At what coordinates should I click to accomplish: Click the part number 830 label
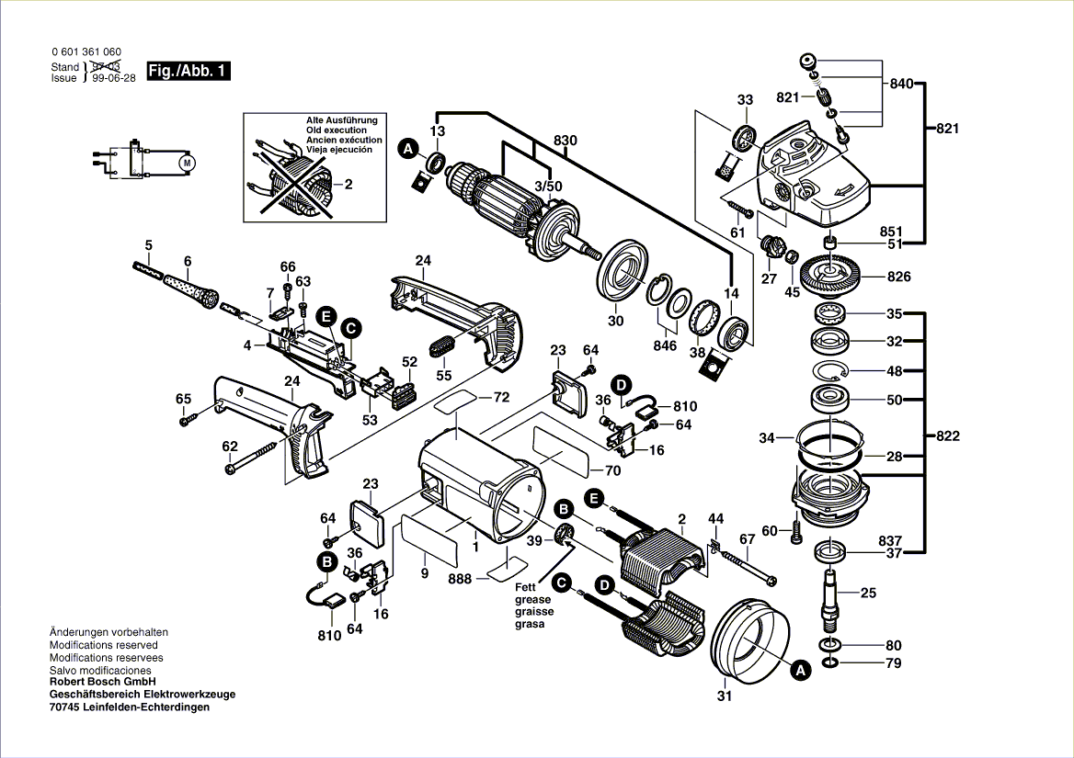[x=566, y=141]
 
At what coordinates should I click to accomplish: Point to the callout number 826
[x=898, y=277]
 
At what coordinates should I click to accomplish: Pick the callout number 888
[x=461, y=579]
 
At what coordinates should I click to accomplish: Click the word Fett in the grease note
[x=525, y=587]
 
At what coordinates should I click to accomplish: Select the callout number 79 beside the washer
[x=894, y=662]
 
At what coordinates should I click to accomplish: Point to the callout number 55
[x=444, y=375]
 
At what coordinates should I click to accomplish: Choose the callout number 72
[x=500, y=398]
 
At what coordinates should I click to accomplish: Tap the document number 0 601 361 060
[x=86, y=52]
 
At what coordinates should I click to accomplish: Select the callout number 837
[x=890, y=540]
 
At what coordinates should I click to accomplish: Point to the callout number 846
[x=664, y=345]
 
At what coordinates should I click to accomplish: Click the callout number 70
[x=613, y=471]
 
